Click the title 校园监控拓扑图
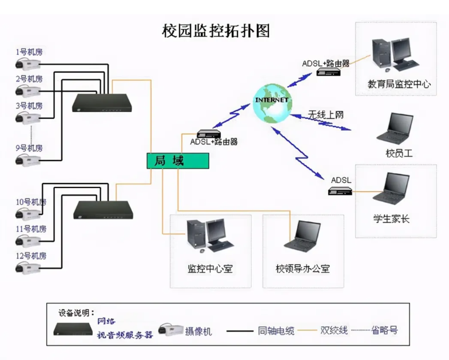click(216, 31)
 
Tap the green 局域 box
click(178, 161)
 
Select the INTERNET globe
click(272, 103)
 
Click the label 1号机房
click(29, 52)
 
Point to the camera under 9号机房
click(28, 160)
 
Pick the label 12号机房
click(31, 255)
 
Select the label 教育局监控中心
click(399, 84)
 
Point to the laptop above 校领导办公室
click(304, 235)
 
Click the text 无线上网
click(325, 114)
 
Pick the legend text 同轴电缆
click(276, 330)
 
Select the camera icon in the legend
click(170, 329)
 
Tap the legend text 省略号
click(384, 330)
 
